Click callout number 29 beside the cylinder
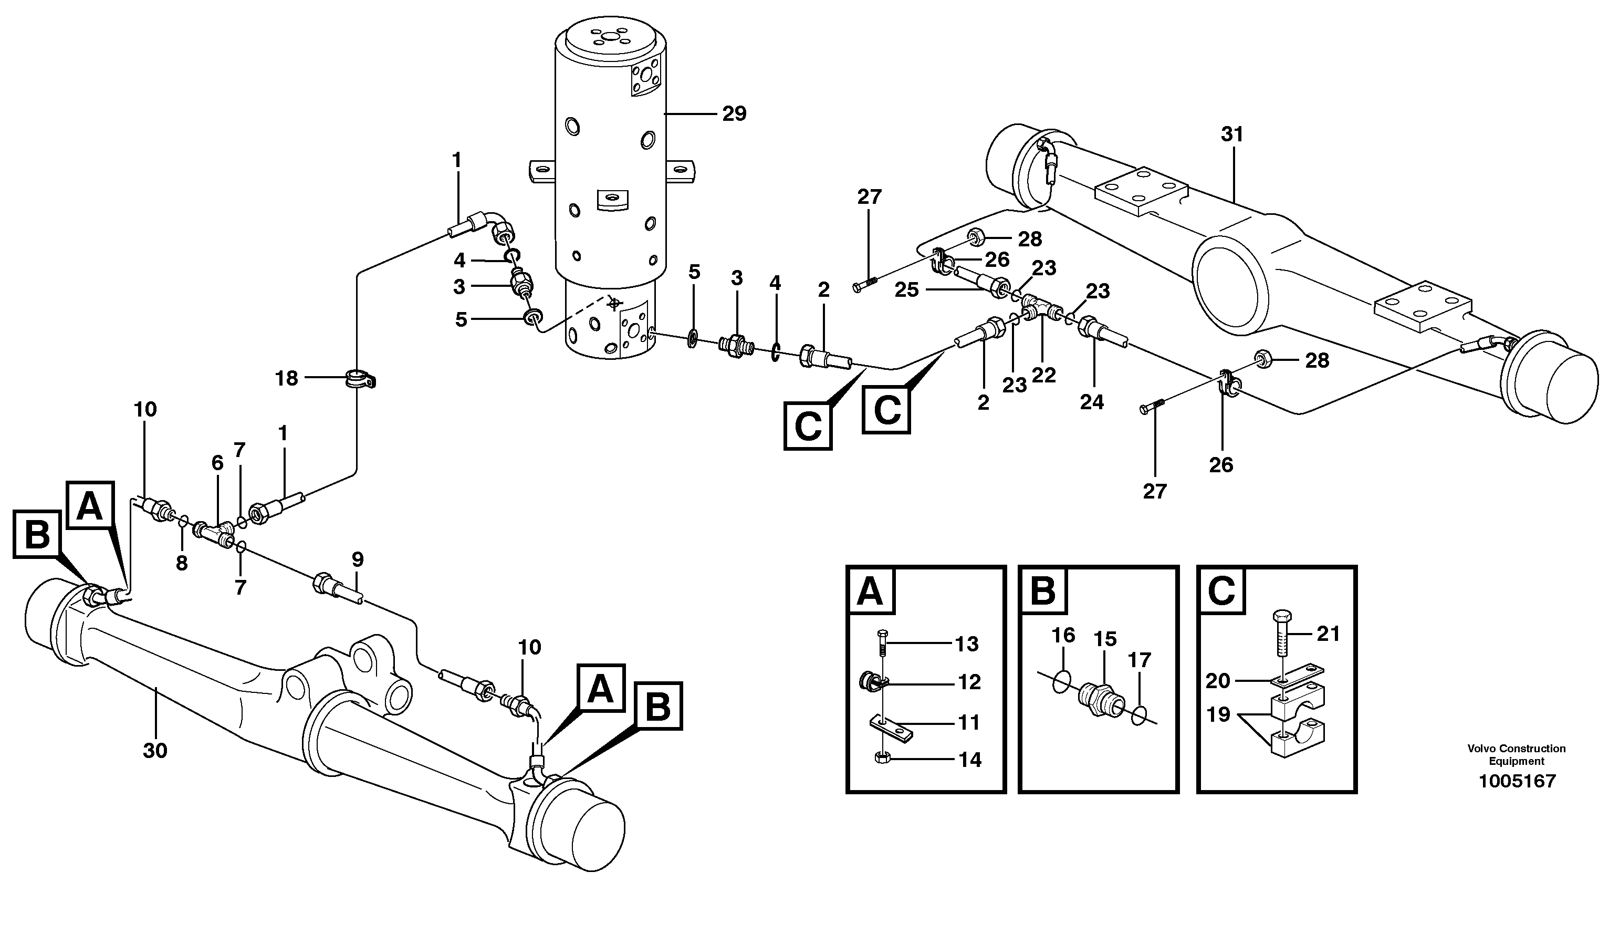734,113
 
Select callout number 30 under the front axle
154,751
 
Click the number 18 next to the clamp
286,378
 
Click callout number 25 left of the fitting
907,290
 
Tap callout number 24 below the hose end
1091,402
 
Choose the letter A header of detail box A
870,591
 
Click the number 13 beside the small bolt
967,644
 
